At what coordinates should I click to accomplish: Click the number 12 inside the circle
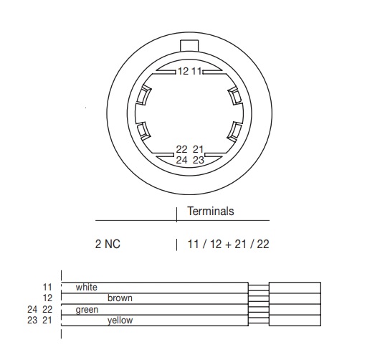[x=184, y=72]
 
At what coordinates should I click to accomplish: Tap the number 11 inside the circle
[x=196, y=72]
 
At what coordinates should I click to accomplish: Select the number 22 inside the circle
[x=181, y=149]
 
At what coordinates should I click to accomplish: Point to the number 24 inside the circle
[x=181, y=160]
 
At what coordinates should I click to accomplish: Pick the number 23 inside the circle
[x=199, y=160]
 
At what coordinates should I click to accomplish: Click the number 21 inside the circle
[x=199, y=149]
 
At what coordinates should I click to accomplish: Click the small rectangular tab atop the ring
[x=189, y=46]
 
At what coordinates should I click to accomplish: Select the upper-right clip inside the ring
[x=235, y=96]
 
